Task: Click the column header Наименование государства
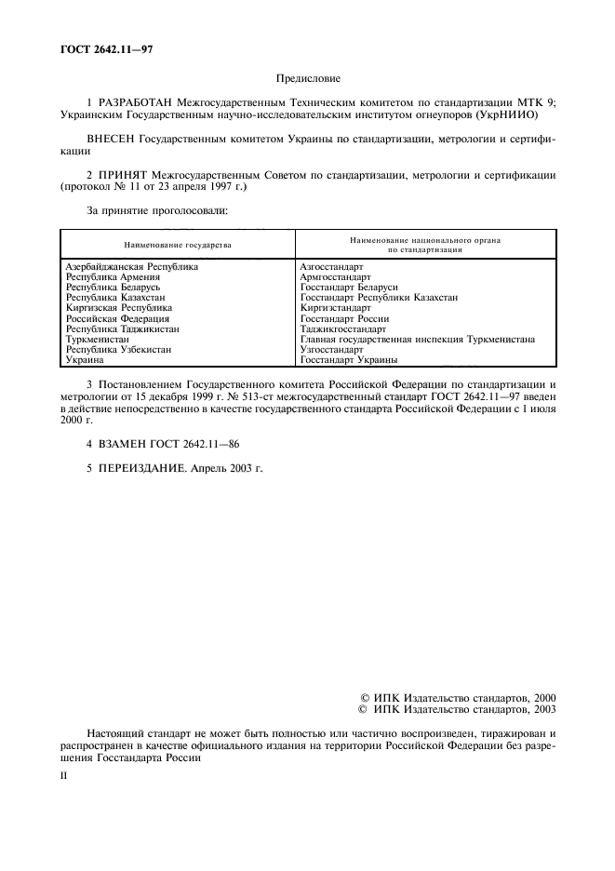tap(177, 245)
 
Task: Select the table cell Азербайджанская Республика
tap(131, 266)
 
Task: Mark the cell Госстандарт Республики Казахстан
tap(379, 297)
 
